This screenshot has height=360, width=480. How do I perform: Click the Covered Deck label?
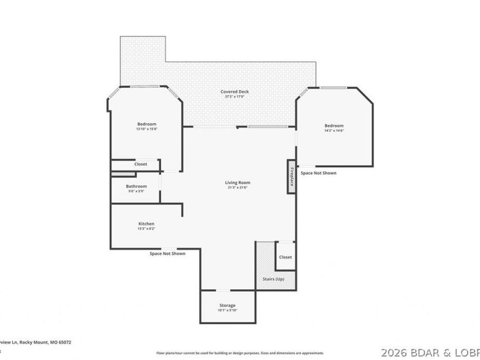[x=235, y=92]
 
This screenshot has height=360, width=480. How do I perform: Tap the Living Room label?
[x=237, y=182]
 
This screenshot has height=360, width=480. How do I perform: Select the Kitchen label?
[x=147, y=223]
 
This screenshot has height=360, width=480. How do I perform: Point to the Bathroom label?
[x=136, y=186]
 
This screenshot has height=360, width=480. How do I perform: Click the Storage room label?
[x=227, y=306]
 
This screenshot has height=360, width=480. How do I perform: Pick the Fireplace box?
[x=292, y=177]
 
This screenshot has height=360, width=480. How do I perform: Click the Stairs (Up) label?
[x=274, y=279]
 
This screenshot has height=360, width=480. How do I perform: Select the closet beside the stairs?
[x=285, y=257]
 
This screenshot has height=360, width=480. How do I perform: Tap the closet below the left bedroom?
[x=140, y=164]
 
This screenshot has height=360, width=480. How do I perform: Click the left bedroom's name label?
[x=146, y=124]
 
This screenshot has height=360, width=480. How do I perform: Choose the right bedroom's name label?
[x=334, y=125]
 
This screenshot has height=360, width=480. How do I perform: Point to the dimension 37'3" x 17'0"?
[x=235, y=97]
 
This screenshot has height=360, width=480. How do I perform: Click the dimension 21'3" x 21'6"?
[x=237, y=187]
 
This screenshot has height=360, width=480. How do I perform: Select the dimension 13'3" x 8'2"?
[x=147, y=228]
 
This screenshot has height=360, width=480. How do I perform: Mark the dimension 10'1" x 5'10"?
[x=227, y=310]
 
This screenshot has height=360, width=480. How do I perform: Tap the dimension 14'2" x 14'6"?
[x=334, y=130]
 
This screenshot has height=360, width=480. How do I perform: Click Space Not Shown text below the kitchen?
[x=167, y=253]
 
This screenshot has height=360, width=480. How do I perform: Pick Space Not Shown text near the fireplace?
[x=318, y=173]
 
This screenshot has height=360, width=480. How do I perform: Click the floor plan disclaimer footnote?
[x=239, y=353]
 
